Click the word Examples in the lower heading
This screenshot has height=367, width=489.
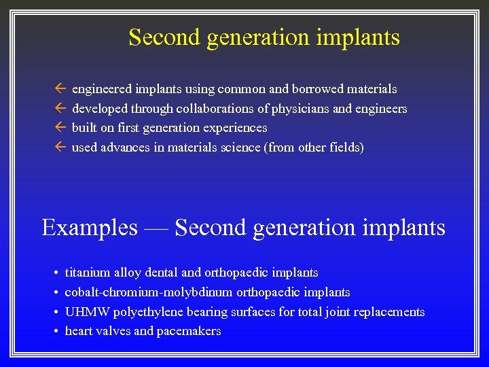click(x=89, y=228)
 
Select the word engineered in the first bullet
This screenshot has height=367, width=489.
click(x=103, y=90)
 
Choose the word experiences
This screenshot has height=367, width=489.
click(x=234, y=128)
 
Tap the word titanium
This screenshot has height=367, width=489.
click(x=88, y=273)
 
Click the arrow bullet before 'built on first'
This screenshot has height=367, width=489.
click(x=60, y=128)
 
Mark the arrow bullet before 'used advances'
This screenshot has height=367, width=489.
click(x=60, y=147)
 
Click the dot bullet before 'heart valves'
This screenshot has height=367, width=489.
click(x=54, y=332)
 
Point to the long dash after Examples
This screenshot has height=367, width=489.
click(x=156, y=228)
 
